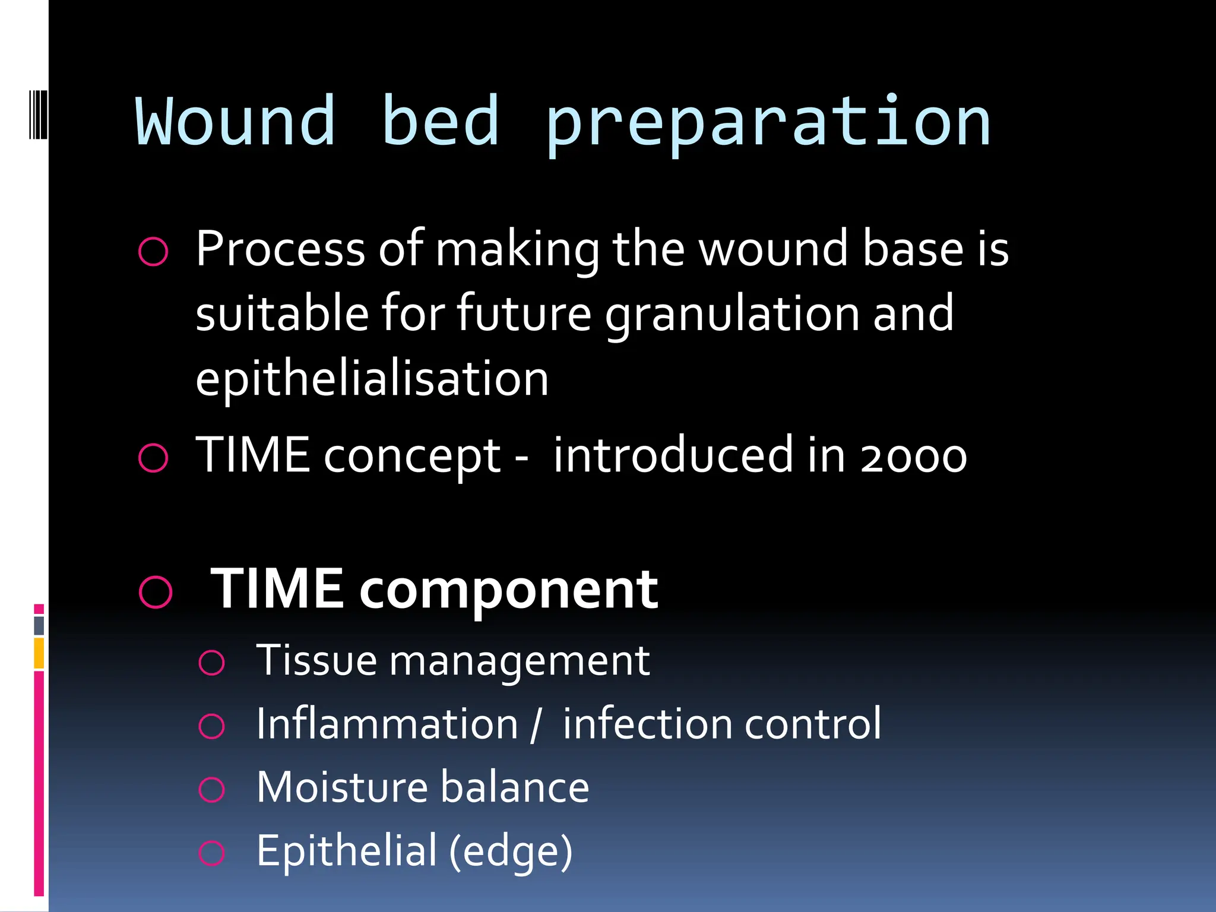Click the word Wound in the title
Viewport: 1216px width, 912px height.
coord(236,122)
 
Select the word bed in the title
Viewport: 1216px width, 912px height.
coord(440,122)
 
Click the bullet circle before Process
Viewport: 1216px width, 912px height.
coord(153,251)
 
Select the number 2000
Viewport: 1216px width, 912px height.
coord(914,456)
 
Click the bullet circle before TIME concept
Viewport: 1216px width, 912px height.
coord(153,458)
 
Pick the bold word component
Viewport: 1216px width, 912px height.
coord(508,590)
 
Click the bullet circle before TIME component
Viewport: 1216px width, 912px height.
coord(156,592)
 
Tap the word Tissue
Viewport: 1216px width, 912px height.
coord(316,660)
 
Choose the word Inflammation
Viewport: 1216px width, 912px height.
coord(387,724)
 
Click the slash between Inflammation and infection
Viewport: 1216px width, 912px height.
coord(536,725)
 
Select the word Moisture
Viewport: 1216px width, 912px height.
coord(341,787)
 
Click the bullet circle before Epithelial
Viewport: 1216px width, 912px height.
coord(211,853)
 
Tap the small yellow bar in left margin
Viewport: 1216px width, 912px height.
coord(39,653)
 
